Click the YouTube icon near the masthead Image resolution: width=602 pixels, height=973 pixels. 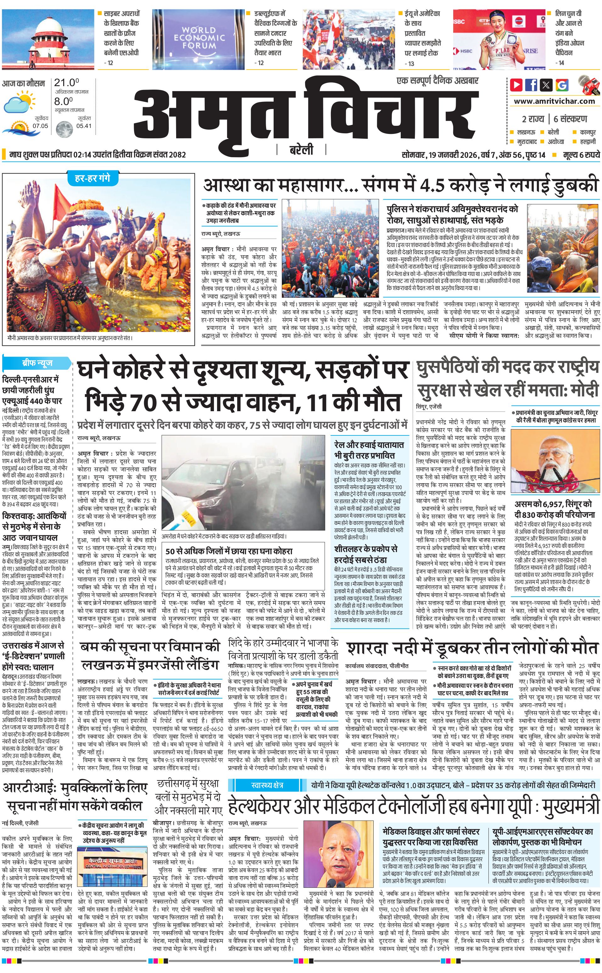pyautogui.click(x=516, y=85)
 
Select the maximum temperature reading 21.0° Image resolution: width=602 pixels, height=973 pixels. pyautogui.click(x=66, y=83)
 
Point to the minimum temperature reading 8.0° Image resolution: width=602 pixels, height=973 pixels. pyautogui.click(x=63, y=101)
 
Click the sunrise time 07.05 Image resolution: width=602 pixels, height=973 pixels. pyautogui.click(x=40, y=126)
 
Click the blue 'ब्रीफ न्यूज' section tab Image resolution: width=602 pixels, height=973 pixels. pyautogui.click(x=37, y=363)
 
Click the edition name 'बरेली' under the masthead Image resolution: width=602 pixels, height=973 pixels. pyautogui.click(x=301, y=150)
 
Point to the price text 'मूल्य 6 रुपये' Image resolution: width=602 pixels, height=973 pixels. pyautogui.click(x=581, y=155)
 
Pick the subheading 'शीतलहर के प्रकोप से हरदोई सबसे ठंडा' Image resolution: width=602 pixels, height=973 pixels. pyautogui.click(x=365, y=554)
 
